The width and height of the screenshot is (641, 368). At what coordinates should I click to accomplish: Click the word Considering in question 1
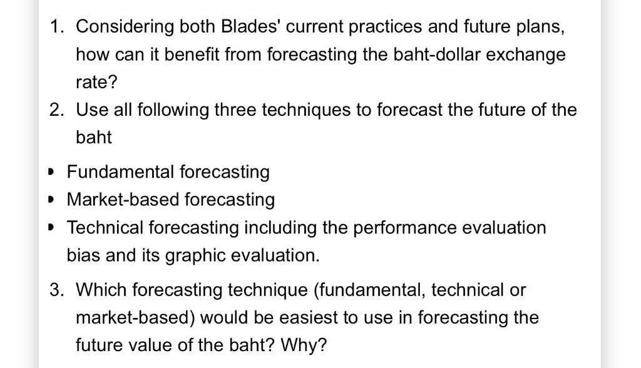click(x=116, y=27)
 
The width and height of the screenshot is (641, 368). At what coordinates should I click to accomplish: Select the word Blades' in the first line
click(x=237, y=27)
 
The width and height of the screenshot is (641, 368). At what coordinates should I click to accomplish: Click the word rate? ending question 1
click(x=96, y=82)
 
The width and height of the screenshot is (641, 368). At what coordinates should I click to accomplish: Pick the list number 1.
click(x=57, y=27)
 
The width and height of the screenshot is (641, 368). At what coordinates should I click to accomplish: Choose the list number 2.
click(x=57, y=110)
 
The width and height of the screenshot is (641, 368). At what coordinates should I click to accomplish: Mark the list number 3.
click(x=57, y=290)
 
